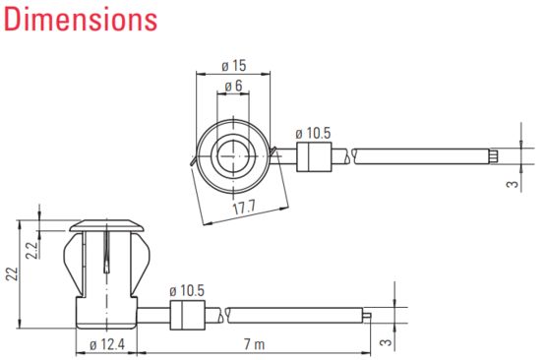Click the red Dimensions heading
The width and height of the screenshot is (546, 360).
(x=81, y=20)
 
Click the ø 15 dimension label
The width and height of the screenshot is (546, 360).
(x=234, y=66)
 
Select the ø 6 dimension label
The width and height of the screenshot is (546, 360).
(x=233, y=86)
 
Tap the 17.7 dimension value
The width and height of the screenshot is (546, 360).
(x=244, y=208)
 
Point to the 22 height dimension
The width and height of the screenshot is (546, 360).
(x=12, y=273)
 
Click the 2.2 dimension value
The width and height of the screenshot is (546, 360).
(x=31, y=250)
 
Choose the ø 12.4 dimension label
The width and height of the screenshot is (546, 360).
(x=107, y=344)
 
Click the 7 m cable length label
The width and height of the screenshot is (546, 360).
(x=255, y=344)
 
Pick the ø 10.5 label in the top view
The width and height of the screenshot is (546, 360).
(x=313, y=134)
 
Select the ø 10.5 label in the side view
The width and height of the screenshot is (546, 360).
(x=187, y=291)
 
